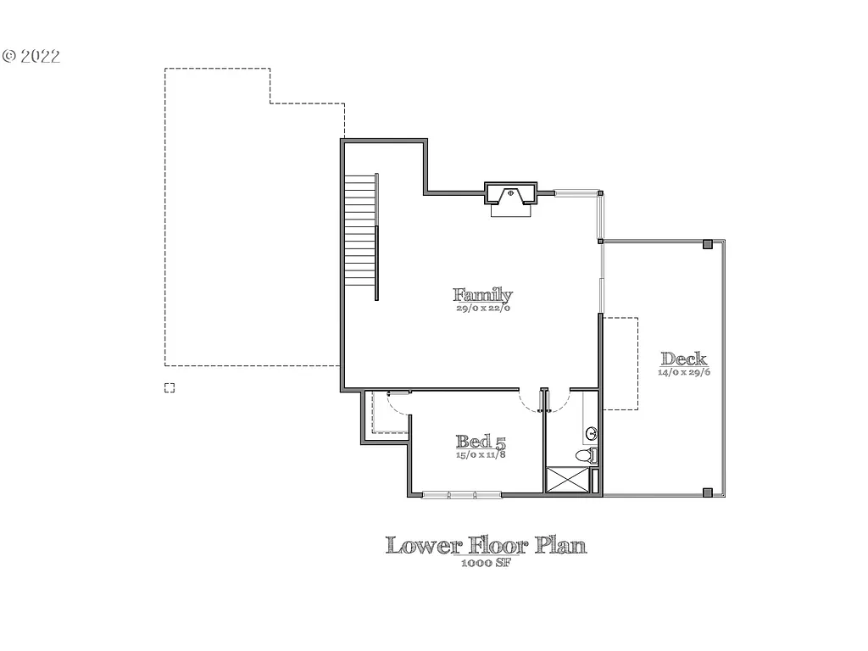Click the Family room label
(482, 295)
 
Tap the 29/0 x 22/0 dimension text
(482, 309)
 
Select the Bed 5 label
(481, 442)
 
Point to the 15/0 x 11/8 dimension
(481, 454)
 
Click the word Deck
(683, 359)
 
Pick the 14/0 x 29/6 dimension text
(683, 372)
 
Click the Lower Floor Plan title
(486, 545)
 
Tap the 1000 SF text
(486, 562)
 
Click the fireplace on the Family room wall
(510, 196)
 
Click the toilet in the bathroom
(585, 456)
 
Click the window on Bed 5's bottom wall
(461, 494)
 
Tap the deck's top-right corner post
(707, 245)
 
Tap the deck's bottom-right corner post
(707, 492)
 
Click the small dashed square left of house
(170, 387)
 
